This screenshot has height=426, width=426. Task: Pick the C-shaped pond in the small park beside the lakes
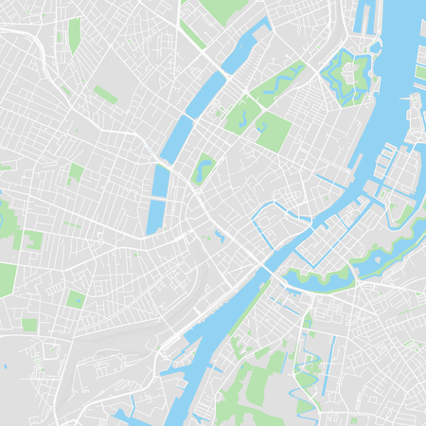click(x=204, y=171)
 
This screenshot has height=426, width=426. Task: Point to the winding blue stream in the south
click(x=304, y=379)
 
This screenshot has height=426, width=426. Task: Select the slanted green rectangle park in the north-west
click(x=105, y=95)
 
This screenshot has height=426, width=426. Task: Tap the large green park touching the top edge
click(x=221, y=10)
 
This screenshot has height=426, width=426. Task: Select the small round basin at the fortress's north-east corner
click(x=375, y=46)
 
